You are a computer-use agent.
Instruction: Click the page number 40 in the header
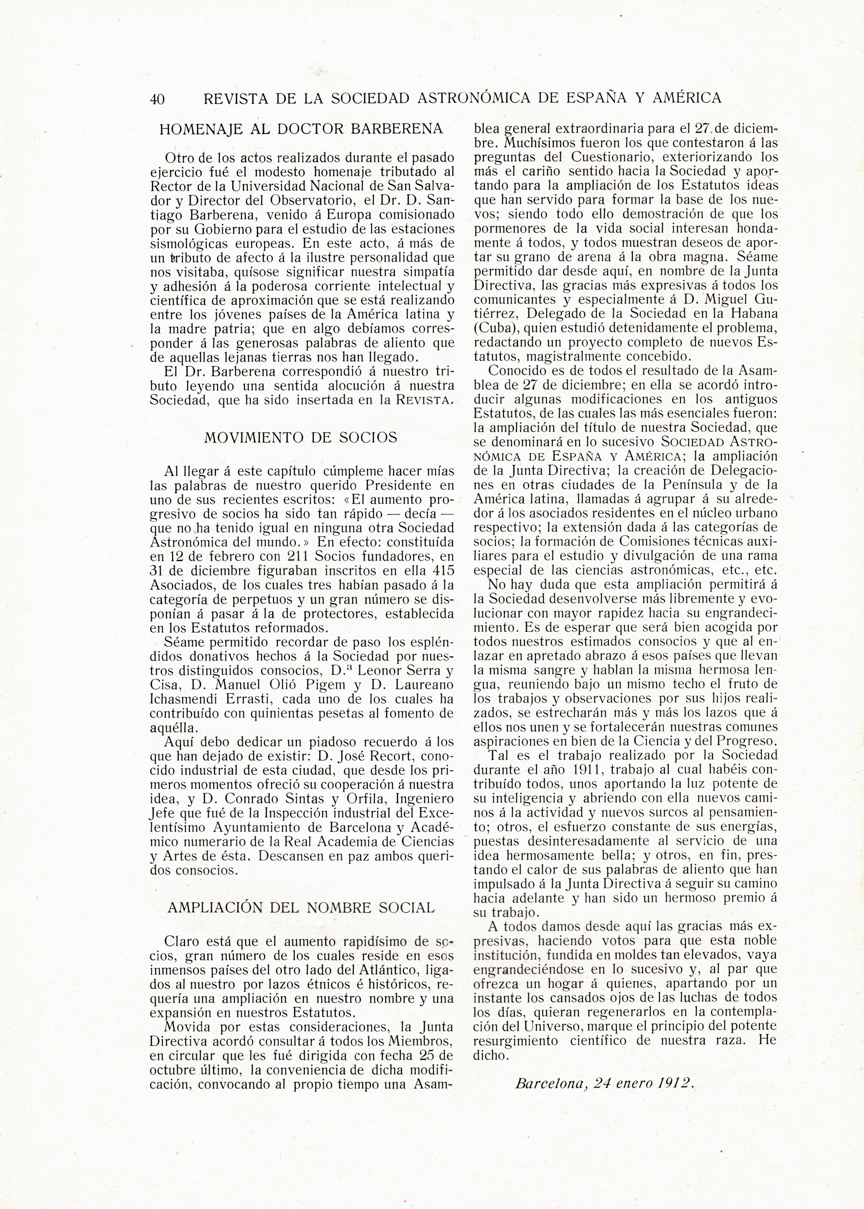tap(157, 99)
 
